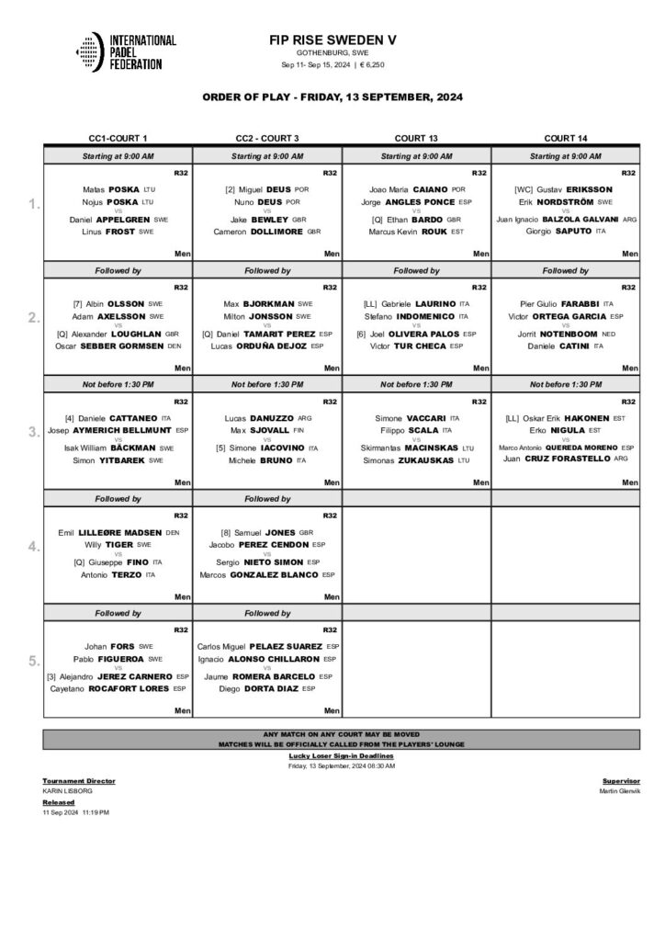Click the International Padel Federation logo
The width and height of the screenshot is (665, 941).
(126, 52)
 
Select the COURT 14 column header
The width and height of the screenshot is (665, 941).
(565, 138)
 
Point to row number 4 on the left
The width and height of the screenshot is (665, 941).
(33, 546)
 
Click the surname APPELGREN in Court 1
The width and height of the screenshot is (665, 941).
(130, 220)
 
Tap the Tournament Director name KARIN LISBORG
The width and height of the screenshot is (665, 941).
(67, 790)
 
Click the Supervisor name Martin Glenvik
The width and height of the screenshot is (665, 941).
(619, 790)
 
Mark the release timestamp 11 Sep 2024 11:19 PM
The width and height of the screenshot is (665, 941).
(75, 813)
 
